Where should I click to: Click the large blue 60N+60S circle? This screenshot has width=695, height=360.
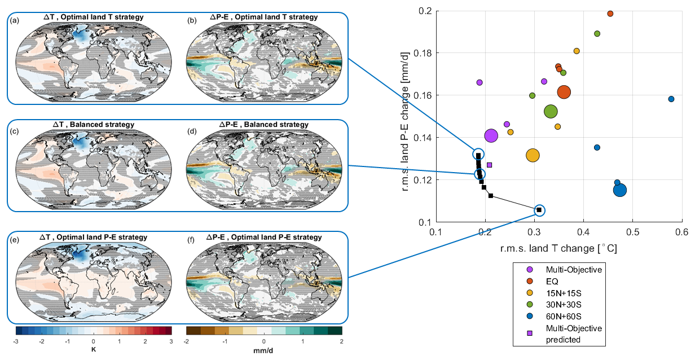click(x=620, y=190)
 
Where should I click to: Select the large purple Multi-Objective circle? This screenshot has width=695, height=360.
click(x=491, y=135)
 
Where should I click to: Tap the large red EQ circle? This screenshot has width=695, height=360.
click(x=564, y=92)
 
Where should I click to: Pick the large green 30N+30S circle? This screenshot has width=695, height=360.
click(x=551, y=112)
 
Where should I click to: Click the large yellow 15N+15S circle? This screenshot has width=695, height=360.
click(x=533, y=155)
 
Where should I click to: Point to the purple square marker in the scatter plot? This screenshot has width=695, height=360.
click(x=489, y=165)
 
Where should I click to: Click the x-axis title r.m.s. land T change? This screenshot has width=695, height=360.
click(x=558, y=248)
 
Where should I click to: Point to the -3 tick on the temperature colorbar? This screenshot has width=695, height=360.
click(x=16, y=342)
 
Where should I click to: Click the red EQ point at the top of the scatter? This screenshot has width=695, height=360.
click(x=610, y=14)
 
